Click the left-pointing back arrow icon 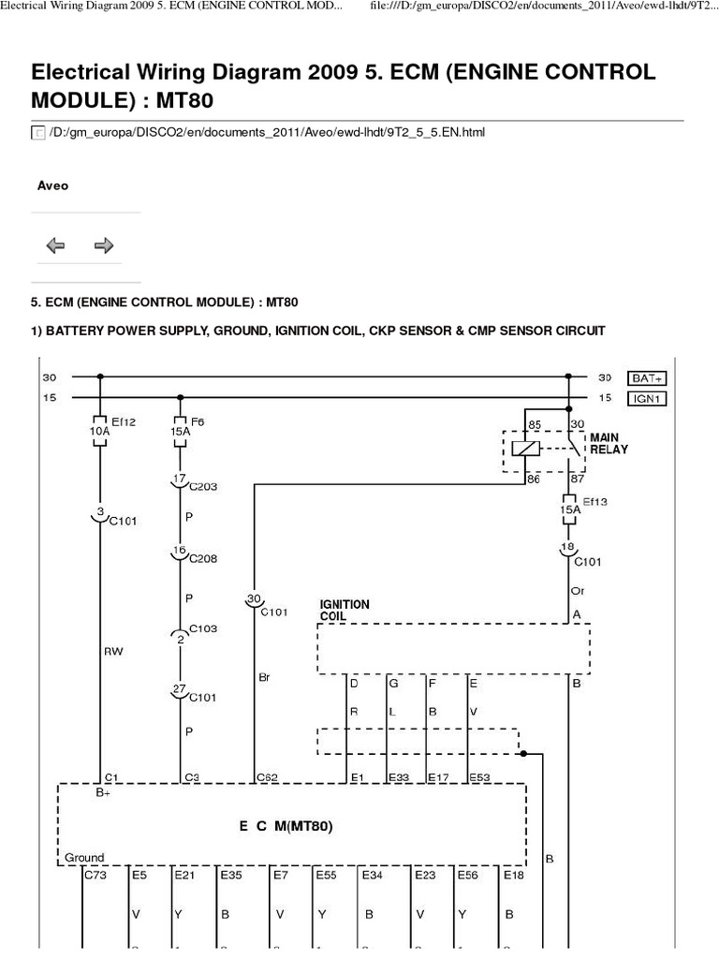click(x=55, y=245)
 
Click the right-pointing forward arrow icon click(x=104, y=245)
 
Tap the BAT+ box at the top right click(x=649, y=377)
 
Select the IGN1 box click(x=649, y=398)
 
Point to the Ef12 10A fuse click(x=98, y=430)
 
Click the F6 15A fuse click(x=178, y=430)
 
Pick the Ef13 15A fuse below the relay click(x=568, y=508)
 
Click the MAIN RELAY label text click(x=609, y=443)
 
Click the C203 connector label click(x=203, y=487)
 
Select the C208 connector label click(x=203, y=558)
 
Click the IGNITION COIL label click(x=345, y=611)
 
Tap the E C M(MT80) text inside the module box click(x=286, y=826)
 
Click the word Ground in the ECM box click(x=85, y=857)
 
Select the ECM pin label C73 click(x=95, y=876)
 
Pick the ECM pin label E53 click(x=479, y=776)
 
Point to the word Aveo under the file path click(x=52, y=185)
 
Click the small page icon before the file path click(x=38, y=133)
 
